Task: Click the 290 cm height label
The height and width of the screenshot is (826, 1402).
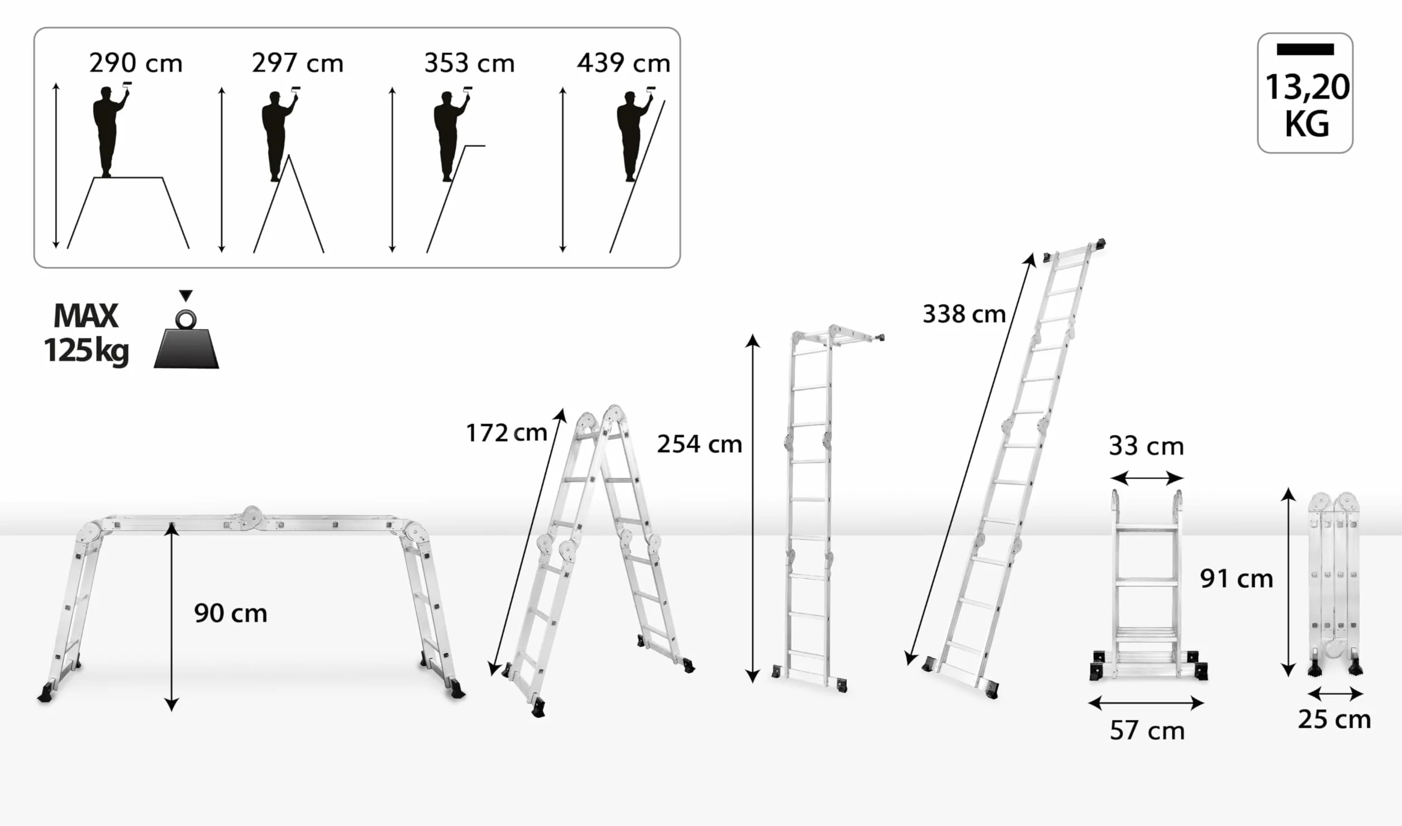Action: click(136, 63)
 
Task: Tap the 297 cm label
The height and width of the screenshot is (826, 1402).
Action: click(297, 63)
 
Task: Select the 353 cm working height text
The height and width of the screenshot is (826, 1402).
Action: click(469, 63)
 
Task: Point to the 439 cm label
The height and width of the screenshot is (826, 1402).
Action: click(623, 63)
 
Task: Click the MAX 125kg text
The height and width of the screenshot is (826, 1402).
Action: click(87, 334)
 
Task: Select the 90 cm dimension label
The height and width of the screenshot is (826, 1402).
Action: click(231, 614)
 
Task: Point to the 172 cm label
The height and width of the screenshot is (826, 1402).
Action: click(506, 433)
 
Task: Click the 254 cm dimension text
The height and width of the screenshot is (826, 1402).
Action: click(699, 444)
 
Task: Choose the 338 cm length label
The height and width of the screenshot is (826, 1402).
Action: click(964, 314)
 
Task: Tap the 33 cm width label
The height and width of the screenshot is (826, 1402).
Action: click(1146, 447)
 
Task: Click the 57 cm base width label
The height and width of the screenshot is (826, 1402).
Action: click(1147, 731)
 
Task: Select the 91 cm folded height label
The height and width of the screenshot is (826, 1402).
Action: click(1237, 578)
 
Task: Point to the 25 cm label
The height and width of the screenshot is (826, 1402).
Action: click(1334, 720)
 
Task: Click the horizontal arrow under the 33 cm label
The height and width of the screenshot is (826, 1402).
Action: click(1147, 478)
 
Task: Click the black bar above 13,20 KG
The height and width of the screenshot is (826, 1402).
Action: click(1305, 49)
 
